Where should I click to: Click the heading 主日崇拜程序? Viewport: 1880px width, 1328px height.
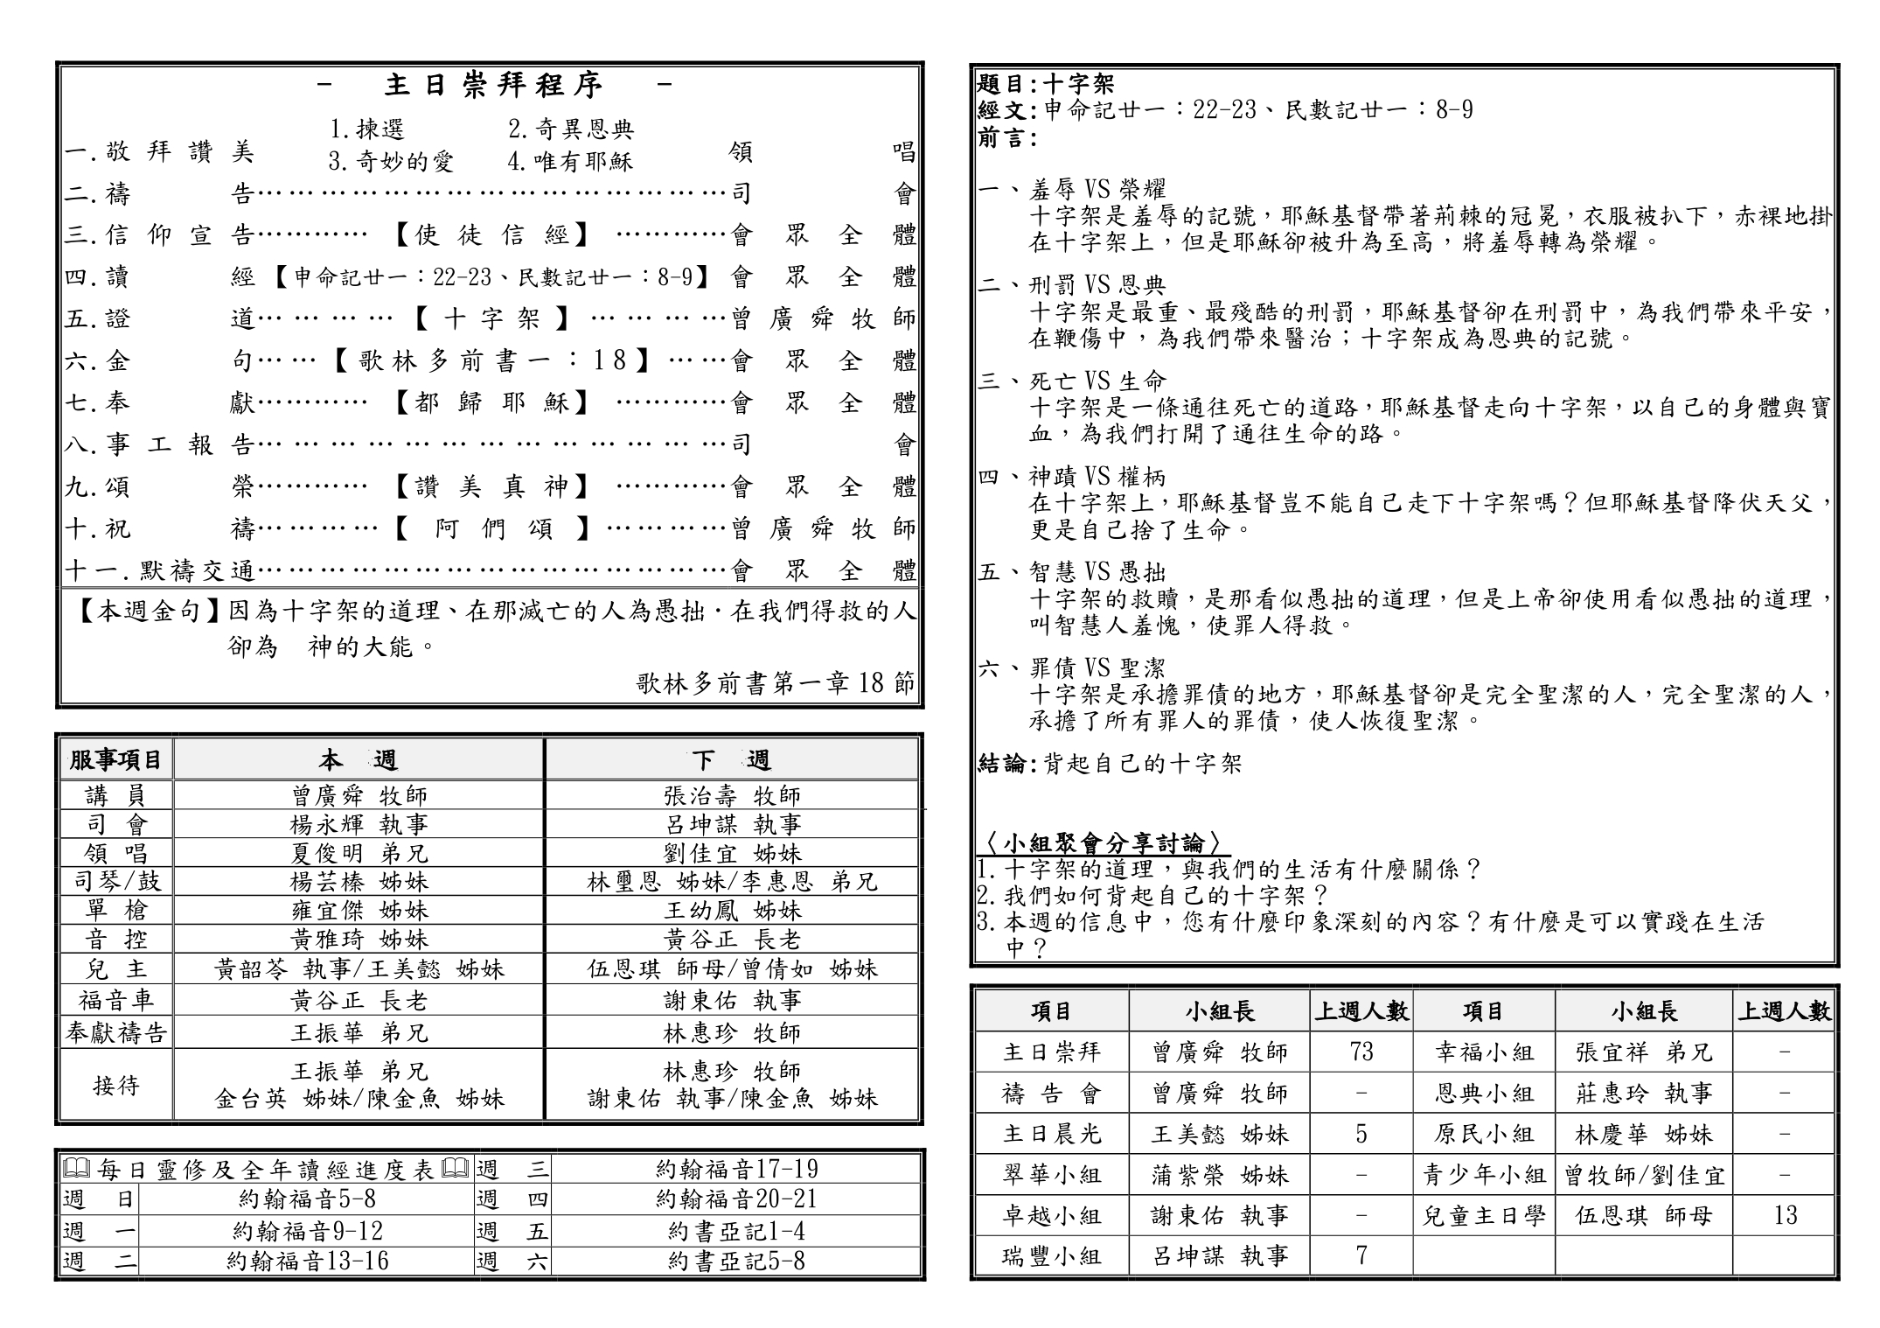[493, 85]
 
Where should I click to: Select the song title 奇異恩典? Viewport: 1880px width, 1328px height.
[571, 129]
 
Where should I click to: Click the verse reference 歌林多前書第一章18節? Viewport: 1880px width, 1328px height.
[775, 683]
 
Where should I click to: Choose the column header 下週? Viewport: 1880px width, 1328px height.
[731, 760]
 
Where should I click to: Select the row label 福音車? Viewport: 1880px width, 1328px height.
[116, 1000]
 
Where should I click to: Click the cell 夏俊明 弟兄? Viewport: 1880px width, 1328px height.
[359, 853]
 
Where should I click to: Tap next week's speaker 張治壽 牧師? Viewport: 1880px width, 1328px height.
[732, 796]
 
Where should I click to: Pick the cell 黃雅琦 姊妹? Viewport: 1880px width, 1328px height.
[359, 940]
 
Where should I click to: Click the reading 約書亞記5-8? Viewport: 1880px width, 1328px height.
[736, 1262]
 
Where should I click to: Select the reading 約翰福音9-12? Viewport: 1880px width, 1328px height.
[308, 1232]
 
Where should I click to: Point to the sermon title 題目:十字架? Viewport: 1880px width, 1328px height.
[1046, 84]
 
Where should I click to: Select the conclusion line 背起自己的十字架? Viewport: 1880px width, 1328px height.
[1142, 764]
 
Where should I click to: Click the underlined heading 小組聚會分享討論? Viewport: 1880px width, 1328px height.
[1104, 843]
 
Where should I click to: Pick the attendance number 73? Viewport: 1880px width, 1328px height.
[1361, 1052]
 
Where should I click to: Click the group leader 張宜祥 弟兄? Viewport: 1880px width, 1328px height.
[1643, 1052]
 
